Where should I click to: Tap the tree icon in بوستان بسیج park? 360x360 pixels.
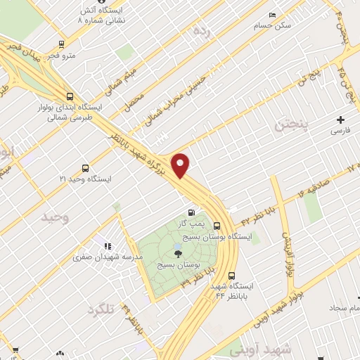pos(176,252)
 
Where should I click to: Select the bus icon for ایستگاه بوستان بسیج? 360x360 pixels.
pos(216,226)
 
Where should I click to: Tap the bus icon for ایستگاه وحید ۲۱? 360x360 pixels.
pos(85,168)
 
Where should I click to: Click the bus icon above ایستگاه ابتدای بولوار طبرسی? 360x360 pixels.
pos(69,97)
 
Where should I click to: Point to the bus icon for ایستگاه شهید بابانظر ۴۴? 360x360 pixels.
pos(231,276)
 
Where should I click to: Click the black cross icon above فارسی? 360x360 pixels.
pos(340,120)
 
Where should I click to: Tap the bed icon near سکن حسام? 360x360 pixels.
pos(272,15)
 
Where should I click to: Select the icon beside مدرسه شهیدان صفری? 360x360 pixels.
pos(108,246)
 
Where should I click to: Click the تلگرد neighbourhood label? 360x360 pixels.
pos(101,309)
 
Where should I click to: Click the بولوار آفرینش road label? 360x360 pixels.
pos(286,254)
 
